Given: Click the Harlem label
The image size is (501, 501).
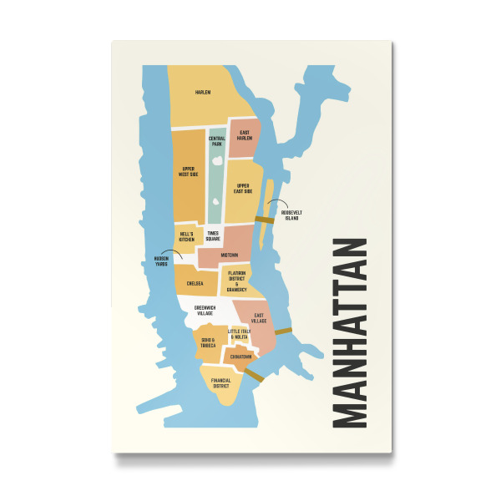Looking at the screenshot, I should click(203, 92).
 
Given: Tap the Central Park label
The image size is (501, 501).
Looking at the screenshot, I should click(216, 141).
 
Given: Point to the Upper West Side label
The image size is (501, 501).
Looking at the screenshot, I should click(190, 172).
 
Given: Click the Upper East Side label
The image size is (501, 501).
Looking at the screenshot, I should click(243, 189).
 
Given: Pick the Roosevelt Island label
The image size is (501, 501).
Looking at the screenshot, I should click(291, 215).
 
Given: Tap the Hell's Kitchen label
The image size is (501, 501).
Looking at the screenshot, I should click(186, 237).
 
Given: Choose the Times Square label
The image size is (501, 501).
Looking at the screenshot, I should click(213, 236).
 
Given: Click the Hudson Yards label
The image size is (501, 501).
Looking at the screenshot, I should click(162, 261).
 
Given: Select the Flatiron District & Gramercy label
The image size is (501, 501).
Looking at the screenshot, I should click(236, 281).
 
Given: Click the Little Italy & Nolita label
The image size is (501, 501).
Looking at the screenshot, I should click(239, 334).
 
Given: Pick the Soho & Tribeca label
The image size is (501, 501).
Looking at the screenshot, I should click(207, 342).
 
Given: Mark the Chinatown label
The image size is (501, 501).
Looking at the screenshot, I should click(239, 357).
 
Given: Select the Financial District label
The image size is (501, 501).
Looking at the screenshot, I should click(220, 383).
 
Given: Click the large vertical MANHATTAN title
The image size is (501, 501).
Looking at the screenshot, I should click(345, 333).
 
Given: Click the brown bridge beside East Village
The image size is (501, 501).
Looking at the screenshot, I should click(283, 331).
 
